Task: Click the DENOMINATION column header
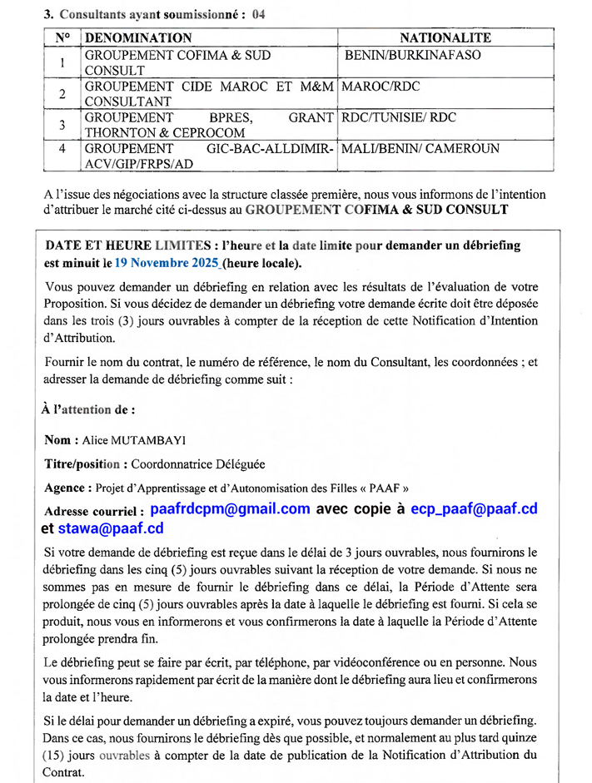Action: click(138, 37)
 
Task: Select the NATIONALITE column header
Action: click(445, 37)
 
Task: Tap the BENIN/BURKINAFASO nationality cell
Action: click(412, 56)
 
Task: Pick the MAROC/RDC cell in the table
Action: click(381, 87)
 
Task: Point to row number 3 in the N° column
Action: click(62, 125)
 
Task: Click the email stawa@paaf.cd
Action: click(111, 528)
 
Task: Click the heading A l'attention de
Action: click(87, 409)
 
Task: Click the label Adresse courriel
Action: click(93, 510)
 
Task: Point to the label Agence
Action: click(66, 488)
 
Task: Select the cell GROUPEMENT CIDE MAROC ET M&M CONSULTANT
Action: click(208, 93)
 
